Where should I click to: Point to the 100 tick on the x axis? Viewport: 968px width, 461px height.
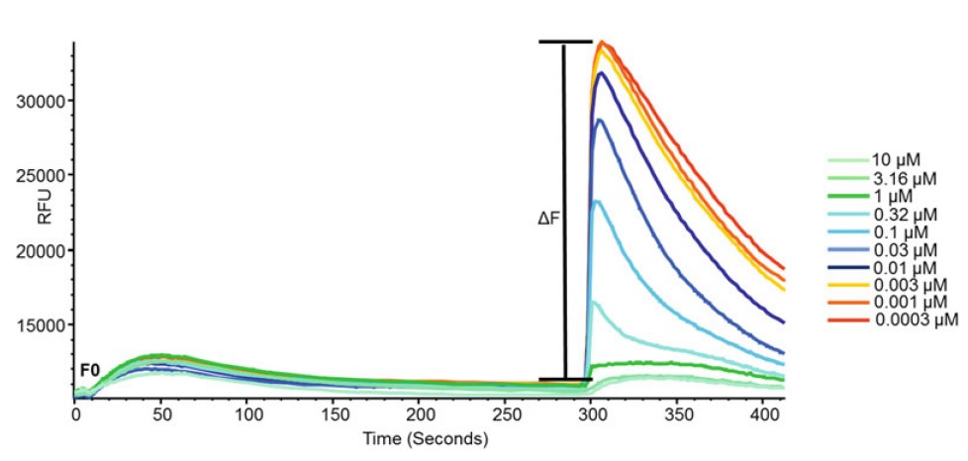[248, 415]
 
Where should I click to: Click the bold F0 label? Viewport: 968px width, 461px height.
[89, 370]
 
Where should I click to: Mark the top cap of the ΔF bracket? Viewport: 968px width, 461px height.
[564, 42]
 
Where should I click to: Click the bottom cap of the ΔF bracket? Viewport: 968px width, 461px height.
[564, 379]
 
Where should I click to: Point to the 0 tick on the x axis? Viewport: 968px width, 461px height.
[75, 415]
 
